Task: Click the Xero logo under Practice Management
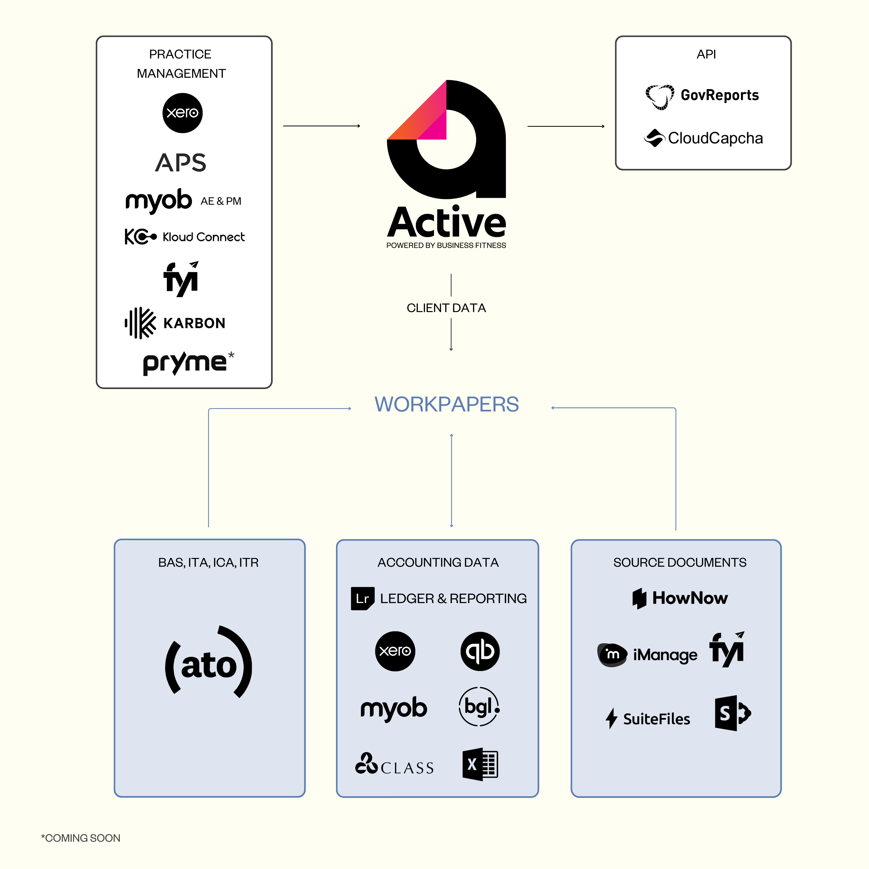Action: [182, 113]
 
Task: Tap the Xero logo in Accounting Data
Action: [395, 651]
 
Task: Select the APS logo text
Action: [181, 162]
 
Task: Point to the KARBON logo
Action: [175, 323]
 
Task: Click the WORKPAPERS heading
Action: [447, 404]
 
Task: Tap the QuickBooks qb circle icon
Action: [480, 651]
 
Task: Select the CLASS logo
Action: [394, 765]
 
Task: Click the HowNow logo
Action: [680, 598]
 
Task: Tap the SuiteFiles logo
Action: [648, 718]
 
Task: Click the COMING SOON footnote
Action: [81, 838]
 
